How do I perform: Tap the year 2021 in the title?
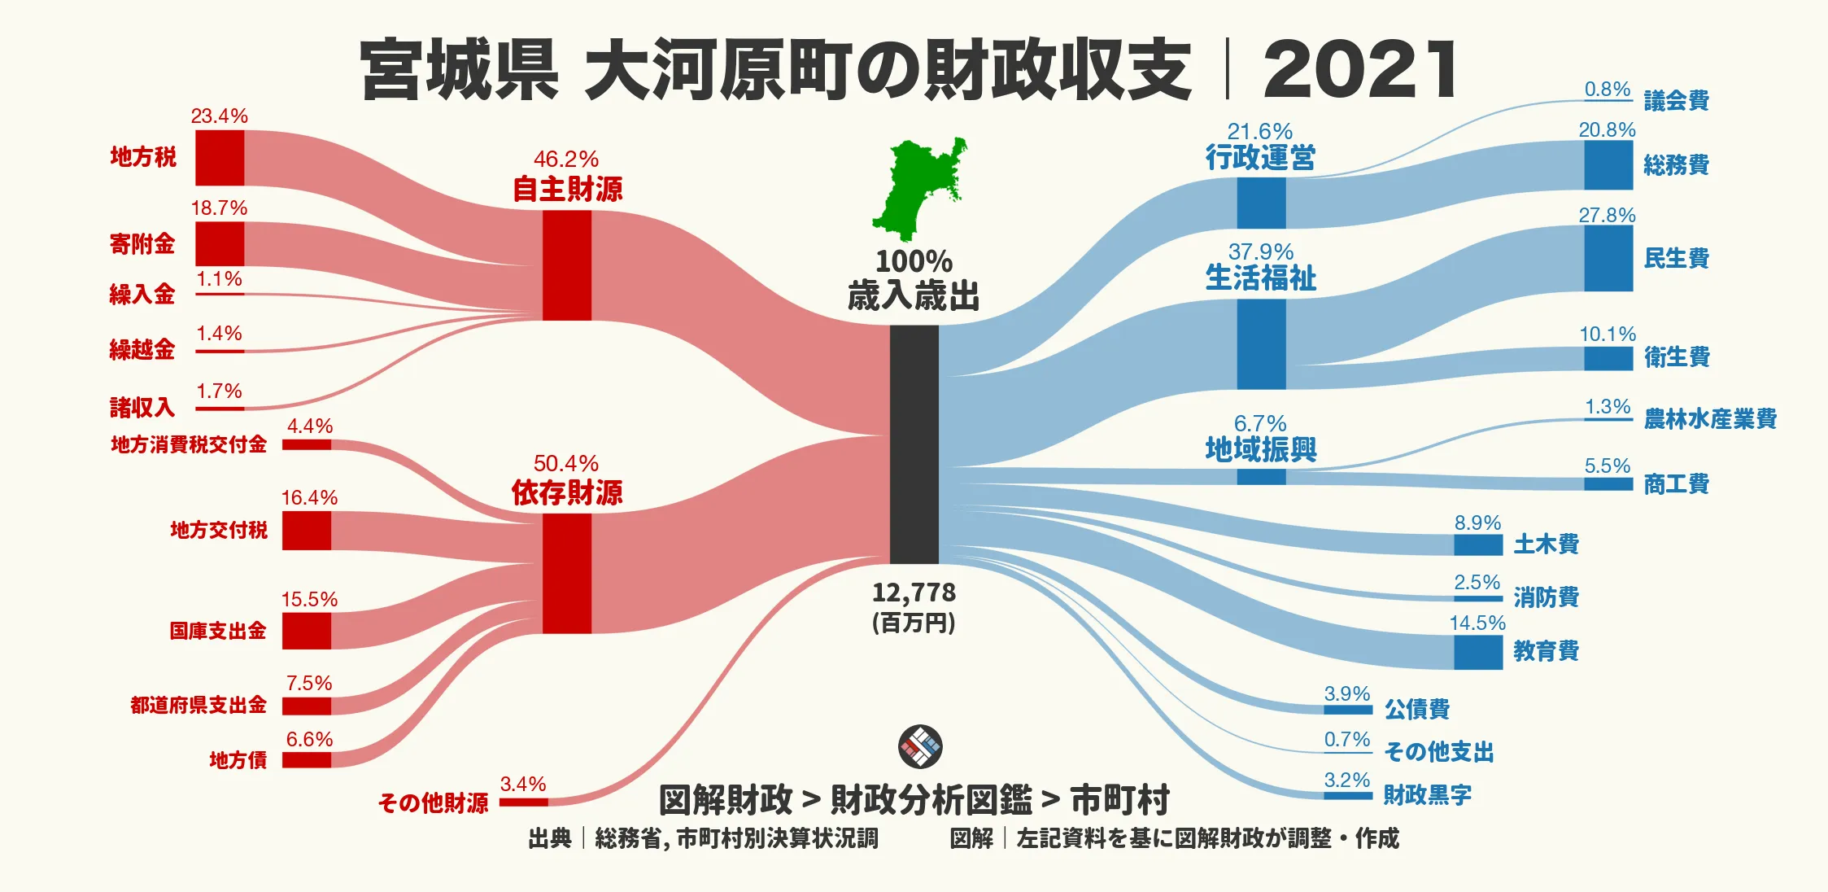pos(1360,70)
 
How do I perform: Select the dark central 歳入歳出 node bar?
pos(914,444)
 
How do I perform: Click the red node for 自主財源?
pos(567,265)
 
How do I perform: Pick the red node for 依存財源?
pos(567,573)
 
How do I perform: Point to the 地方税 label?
pos(143,157)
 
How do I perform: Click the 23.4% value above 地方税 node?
pos(219,116)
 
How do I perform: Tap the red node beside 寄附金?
pos(220,243)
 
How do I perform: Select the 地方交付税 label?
pos(219,531)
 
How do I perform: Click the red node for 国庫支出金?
pos(307,631)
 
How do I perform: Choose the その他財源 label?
pos(433,803)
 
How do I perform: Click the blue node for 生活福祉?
pos(1261,343)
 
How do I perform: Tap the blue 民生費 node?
pos(1608,258)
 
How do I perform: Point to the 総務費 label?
pos(1676,165)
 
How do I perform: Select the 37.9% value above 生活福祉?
pos(1260,252)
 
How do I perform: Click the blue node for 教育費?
pos(1477,653)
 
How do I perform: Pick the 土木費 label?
pos(1546,544)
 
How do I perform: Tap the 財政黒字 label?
pos(1427,794)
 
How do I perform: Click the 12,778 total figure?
pos(914,592)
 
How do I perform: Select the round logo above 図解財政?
pos(920,746)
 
